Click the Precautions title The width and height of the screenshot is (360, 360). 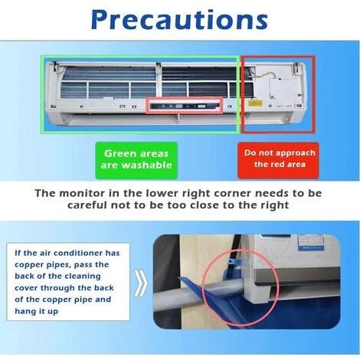(179, 19)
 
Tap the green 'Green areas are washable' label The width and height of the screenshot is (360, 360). (136, 160)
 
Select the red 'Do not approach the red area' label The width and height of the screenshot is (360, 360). (278, 160)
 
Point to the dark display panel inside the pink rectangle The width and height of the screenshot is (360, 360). (185, 106)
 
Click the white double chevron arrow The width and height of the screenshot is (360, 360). (141, 283)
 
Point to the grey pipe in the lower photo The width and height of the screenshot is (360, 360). (197, 293)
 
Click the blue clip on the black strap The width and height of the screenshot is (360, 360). (232, 261)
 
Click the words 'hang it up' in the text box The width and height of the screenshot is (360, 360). (37, 312)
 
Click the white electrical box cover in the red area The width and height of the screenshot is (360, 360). (277, 90)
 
